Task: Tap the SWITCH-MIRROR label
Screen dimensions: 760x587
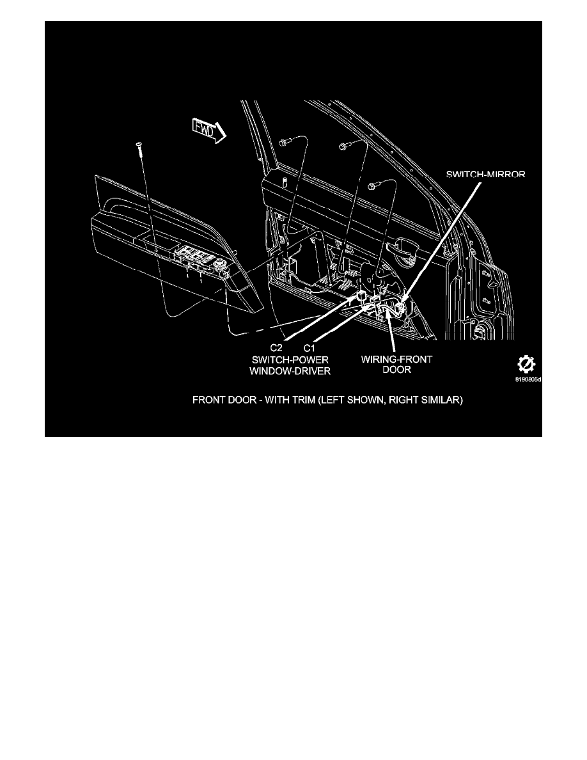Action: [487, 174]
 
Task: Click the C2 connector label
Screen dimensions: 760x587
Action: [276, 347]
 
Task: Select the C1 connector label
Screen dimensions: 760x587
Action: [309, 347]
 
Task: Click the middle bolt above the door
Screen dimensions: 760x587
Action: [344, 145]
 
